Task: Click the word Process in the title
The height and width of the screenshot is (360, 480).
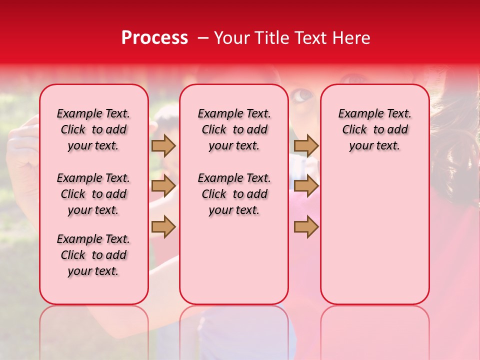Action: click(154, 38)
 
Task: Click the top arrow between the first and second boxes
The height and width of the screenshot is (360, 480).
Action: click(163, 145)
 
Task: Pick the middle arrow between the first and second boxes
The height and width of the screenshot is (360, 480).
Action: click(163, 186)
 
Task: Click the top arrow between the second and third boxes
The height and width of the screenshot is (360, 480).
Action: click(306, 145)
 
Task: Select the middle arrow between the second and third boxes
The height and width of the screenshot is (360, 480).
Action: click(306, 186)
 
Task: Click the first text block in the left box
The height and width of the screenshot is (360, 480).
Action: click(93, 129)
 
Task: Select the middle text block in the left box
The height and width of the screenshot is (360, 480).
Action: click(93, 194)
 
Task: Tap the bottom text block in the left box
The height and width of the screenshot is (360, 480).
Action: click(93, 255)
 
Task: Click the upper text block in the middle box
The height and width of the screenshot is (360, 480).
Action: click(234, 129)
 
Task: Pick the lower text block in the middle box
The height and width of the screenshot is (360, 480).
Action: click(234, 194)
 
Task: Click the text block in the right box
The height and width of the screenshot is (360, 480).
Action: click(374, 129)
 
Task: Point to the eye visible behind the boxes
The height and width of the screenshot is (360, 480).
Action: click(301, 94)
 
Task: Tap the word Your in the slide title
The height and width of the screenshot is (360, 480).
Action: click(232, 38)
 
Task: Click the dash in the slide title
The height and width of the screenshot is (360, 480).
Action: click(203, 38)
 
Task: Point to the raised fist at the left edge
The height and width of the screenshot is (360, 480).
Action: click(22, 145)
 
